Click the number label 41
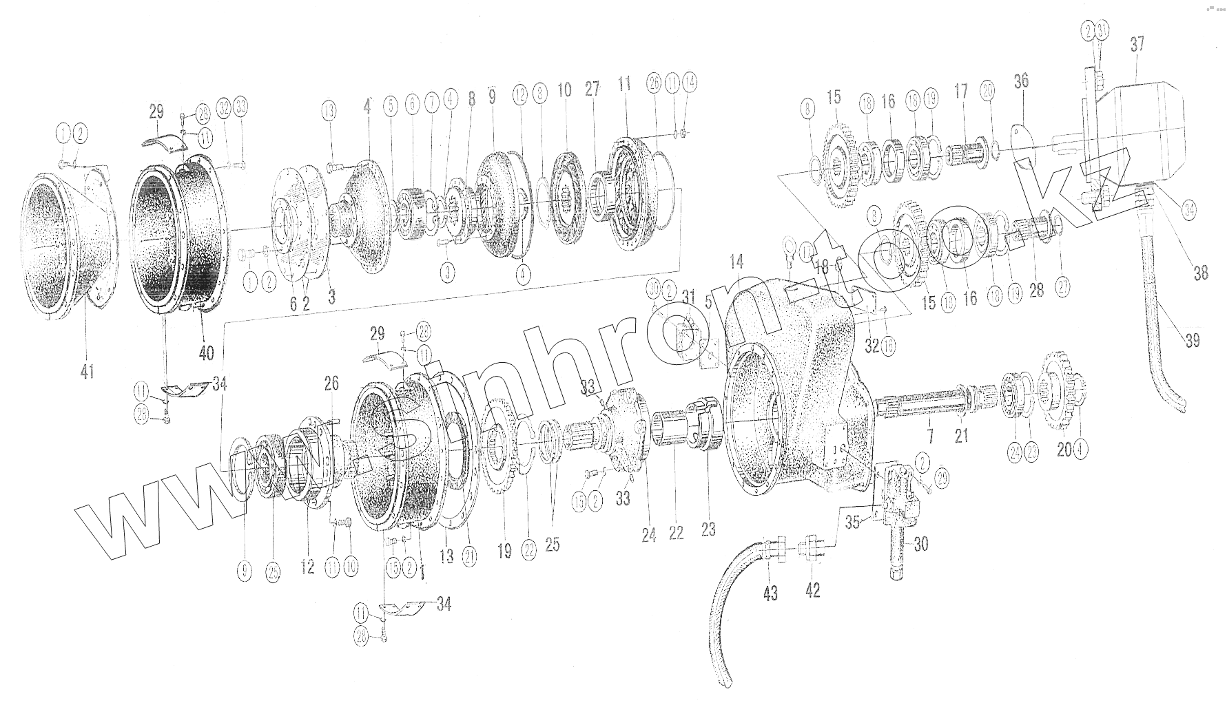[x=87, y=372]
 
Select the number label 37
[x=1137, y=44]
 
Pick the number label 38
[x=1201, y=273]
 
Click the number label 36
[x=1021, y=81]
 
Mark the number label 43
[x=770, y=591]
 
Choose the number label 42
[x=813, y=590]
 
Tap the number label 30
[x=920, y=544]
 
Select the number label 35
[x=853, y=523]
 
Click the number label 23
[x=708, y=529]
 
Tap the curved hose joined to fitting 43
[x=730, y=606]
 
